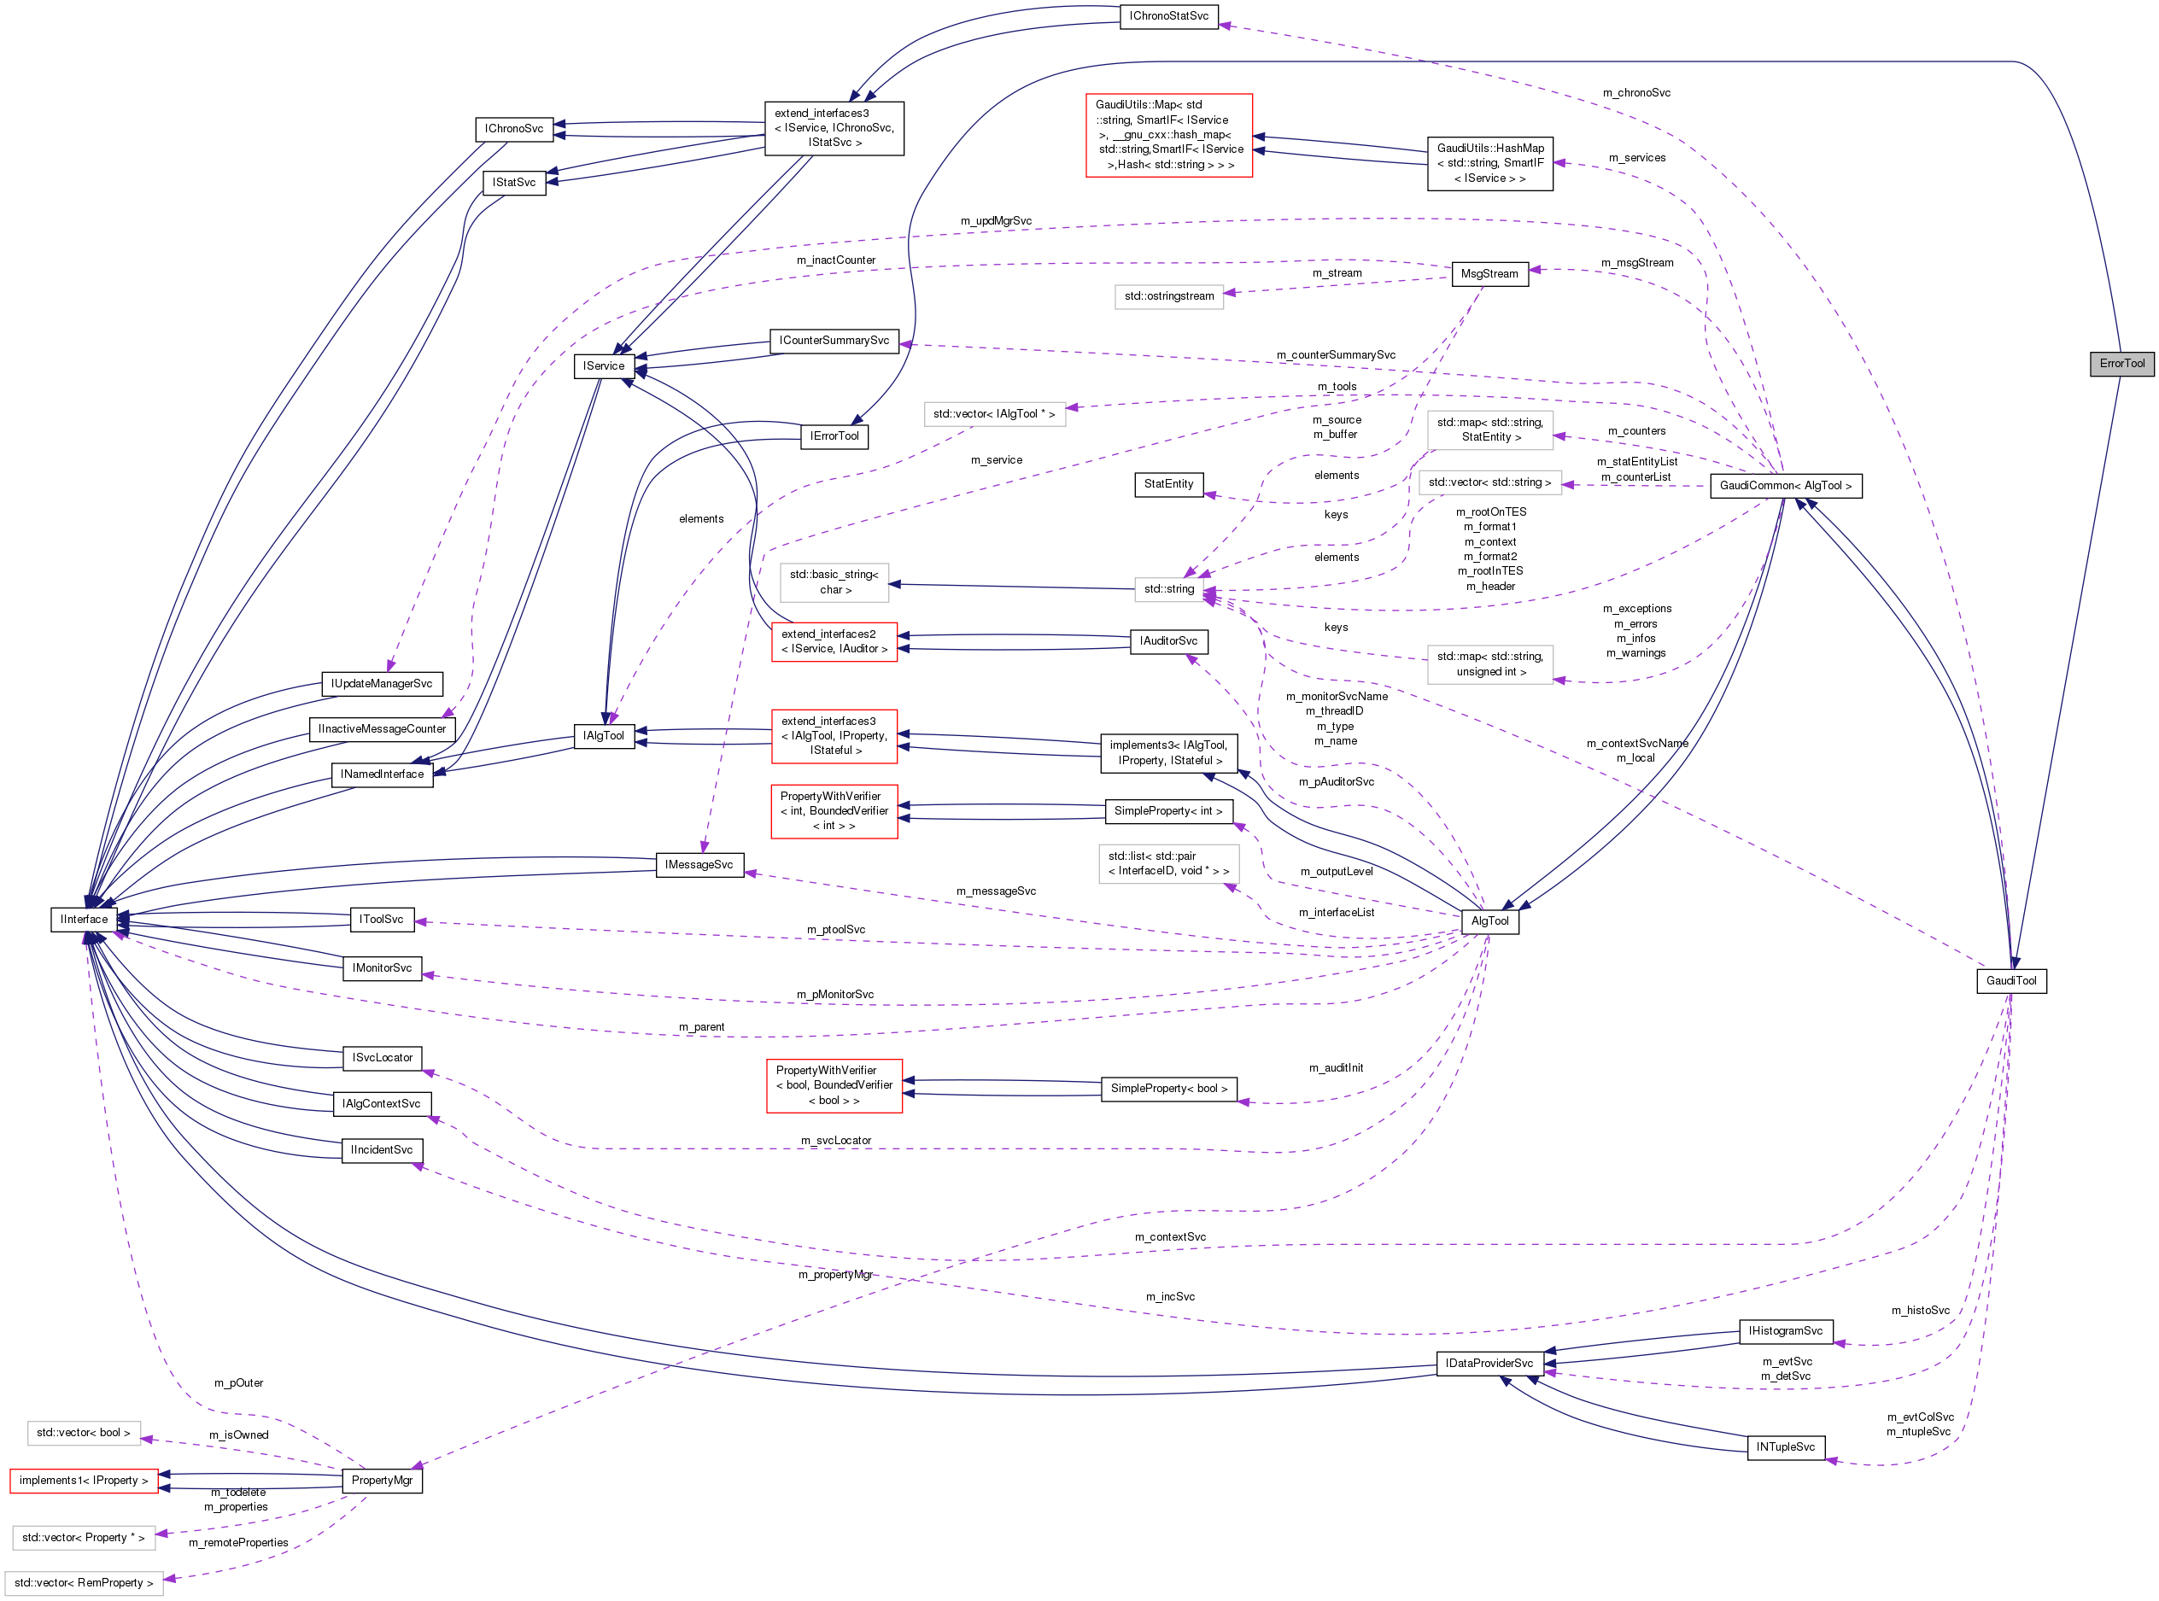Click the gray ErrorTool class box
pyautogui.click(x=2121, y=364)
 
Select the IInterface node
pyautogui.click(x=85, y=919)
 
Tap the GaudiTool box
pyautogui.click(x=2010, y=981)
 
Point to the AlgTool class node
pyautogui.click(x=1489, y=920)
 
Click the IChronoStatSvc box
pyautogui.click(x=1167, y=16)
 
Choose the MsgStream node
pyautogui.click(x=1489, y=274)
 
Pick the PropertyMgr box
pyautogui.click(x=382, y=1480)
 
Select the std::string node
pyautogui.click(x=1168, y=589)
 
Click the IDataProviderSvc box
pyautogui.click(x=1489, y=1364)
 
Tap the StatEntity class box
pyautogui.click(x=1167, y=483)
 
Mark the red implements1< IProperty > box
pyautogui.click(x=84, y=1480)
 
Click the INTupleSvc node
pyautogui.click(x=1785, y=1447)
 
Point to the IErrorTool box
pyautogui.click(x=834, y=436)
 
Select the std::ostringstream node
pyautogui.click(x=1168, y=296)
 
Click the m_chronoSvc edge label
pyautogui.click(x=1635, y=93)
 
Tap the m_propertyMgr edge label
pyautogui.click(x=834, y=1275)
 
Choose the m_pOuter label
pyautogui.click(x=238, y=1383)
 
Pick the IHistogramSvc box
pyautogui.click(x=1785, y=1331)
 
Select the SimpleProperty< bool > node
pyautogui.click(x=1168, y=1089)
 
